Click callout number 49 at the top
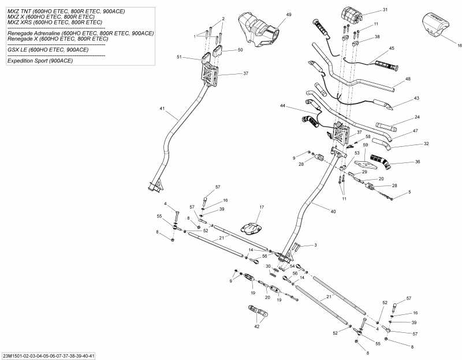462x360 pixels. point(289,14)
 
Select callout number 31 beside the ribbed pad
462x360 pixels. point(385,10)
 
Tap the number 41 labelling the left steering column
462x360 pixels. point(162,108)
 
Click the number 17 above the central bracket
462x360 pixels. point(261,207)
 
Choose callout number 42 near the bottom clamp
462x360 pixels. point(256,326)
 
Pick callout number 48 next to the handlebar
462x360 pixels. point(408,79)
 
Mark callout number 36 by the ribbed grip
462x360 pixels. point(418,162)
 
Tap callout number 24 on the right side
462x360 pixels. point(417,117)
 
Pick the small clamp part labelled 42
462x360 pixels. point(258,314)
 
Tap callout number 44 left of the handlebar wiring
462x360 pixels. point(282,106)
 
